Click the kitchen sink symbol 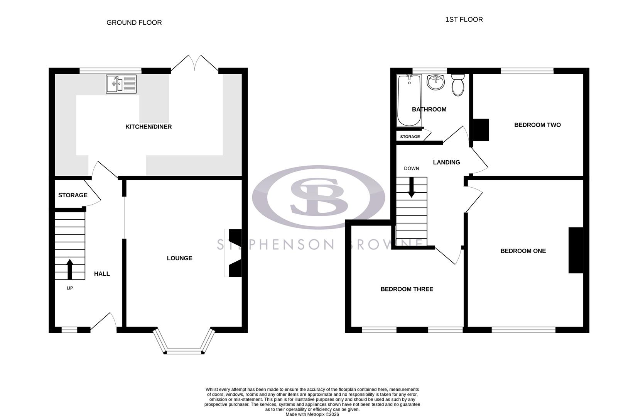(x=121, y=84)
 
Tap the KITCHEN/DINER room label (x=149, y=127)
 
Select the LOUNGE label (x=179, y=258)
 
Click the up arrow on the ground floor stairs (x=70, y=269)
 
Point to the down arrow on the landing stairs (x=412, y=187)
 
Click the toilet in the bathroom (x=458, y=85)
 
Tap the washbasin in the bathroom (x=436, y=82)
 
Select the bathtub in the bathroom (x=409, y=100)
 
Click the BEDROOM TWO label (x=537, y=125)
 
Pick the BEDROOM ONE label (x=523, y=251)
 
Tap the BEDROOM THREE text (x=407, y=289)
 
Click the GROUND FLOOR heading (x=134, y=22)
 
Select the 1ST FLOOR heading (x=464, y=19)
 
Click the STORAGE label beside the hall (x=73, y=195)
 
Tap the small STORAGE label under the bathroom (x=410, y=137)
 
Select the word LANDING (x=446, y=163)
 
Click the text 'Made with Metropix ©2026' (x=312, y=414)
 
